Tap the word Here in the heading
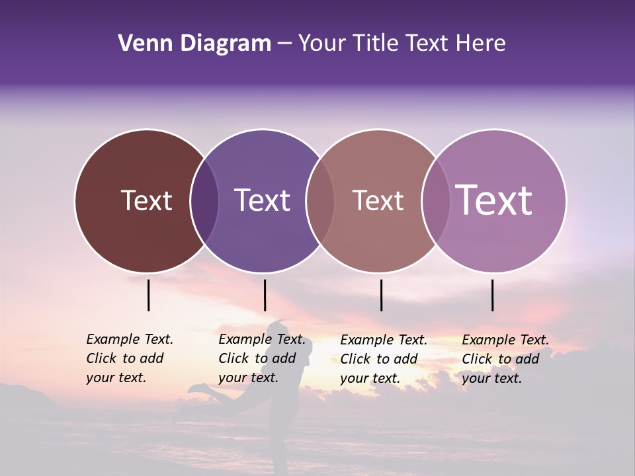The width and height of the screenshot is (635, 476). pyautogui.click(x=481, y=44)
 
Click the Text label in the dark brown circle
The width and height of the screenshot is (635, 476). pyautogui.click(x=146, y=200)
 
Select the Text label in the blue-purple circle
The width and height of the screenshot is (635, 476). pyautogui.click(x=263, y=200)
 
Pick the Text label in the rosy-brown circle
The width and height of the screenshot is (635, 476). pyautogui.click(x=378, y=200)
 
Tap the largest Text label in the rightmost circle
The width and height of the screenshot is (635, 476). pyautogui.click(x=494, y=200)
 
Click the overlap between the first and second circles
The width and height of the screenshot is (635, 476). pyautogui.click(x=204, y=201)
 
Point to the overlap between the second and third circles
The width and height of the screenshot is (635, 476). pyautogui.click(x=320, y=201)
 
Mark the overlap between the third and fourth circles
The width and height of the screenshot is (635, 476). pyautogui.click(x=436, y=201)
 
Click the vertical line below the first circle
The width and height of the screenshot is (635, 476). pyautogui.click(x=149, y=295)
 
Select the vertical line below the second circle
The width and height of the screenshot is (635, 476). pyautogui.click(x=265, y=295)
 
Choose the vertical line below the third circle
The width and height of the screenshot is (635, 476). pyautogui.click(x=382, y=295)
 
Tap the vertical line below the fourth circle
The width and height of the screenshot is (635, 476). pyautogui.click(x=493, y=295)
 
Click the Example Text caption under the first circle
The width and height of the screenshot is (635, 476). pyautogui.click(x=130, y=358)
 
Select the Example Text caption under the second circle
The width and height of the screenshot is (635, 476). pyautogui.click(x=262, y=358)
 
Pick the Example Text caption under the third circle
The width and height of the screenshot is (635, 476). pyautogui.click(x=384, y=359)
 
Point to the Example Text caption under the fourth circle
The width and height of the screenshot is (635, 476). pyautogui.click(x=505, y=359)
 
